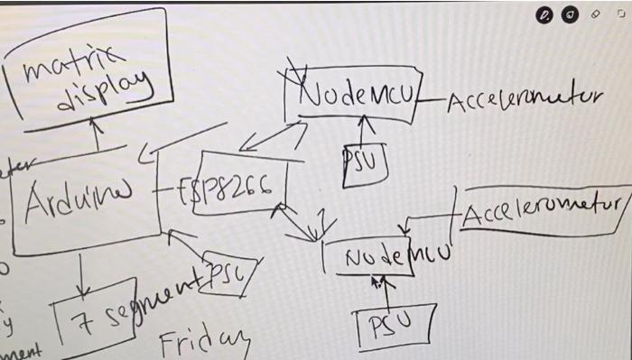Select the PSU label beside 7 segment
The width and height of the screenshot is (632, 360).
229,269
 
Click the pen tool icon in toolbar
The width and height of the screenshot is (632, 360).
544,14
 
